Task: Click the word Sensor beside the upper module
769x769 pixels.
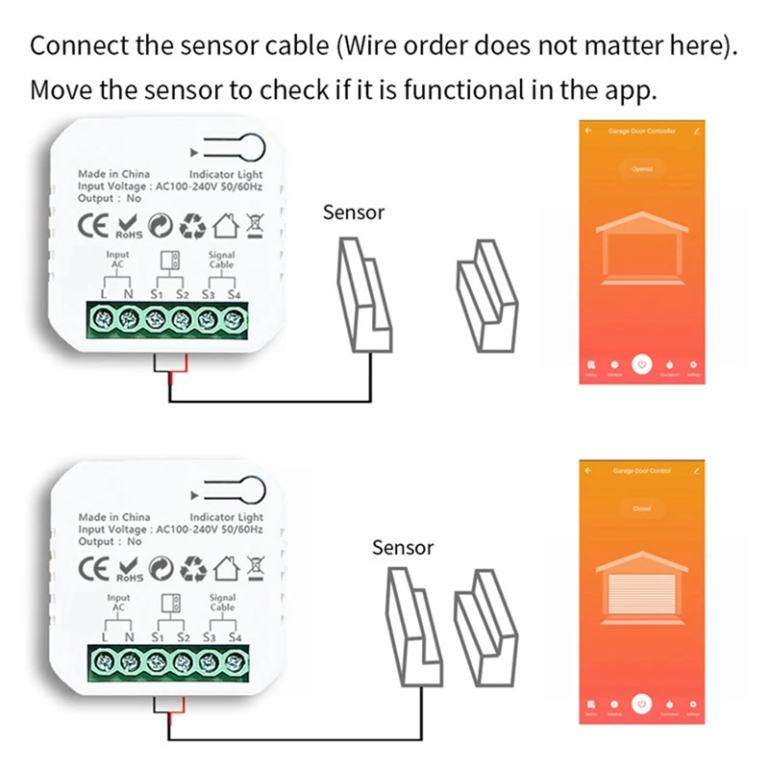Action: [x=354, y=212]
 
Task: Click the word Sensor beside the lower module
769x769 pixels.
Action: [x=403, y=548]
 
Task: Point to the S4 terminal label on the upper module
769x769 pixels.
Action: [x=233, y=295]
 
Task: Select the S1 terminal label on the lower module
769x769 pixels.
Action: [x=159, y=636]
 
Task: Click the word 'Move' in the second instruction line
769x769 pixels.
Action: [x=58, y=90]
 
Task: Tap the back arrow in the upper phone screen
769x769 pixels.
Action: [x=588, y=130]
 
